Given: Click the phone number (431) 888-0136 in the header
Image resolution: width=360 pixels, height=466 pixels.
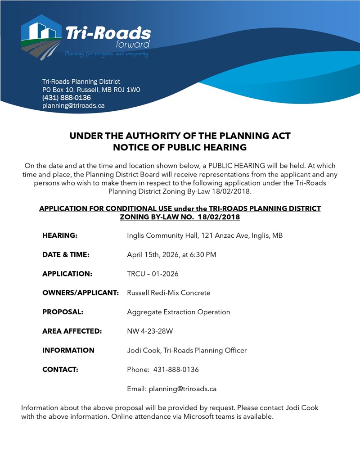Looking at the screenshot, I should coord(66,98).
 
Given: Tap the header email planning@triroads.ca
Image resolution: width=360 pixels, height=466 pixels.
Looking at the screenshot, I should coord(73,106).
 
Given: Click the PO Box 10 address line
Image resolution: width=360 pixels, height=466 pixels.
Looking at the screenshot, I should coord(91,90).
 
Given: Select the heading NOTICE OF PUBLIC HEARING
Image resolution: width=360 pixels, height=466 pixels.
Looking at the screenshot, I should coord(180,147).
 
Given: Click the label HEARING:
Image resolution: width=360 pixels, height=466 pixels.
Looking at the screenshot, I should coord(60,235).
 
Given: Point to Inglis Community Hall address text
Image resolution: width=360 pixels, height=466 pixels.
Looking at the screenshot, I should coord(205,235).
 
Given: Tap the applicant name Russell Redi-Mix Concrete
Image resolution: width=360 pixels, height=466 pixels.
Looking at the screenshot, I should coord(168,293).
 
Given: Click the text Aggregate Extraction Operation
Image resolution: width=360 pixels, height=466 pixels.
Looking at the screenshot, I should coord(178,312).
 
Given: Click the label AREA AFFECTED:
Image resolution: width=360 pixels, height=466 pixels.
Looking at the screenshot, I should coord(72,331).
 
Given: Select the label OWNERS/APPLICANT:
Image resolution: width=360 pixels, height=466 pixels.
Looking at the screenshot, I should coord(81,293).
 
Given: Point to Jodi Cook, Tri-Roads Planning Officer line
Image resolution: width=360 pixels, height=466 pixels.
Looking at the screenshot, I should coord(187,350).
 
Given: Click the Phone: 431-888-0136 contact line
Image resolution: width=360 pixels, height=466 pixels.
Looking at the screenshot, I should coord(163,370).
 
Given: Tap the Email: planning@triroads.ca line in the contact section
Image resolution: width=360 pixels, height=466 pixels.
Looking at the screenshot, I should coord(172,389).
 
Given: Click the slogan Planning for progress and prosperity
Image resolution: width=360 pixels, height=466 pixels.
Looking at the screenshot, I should coord(106,54).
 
